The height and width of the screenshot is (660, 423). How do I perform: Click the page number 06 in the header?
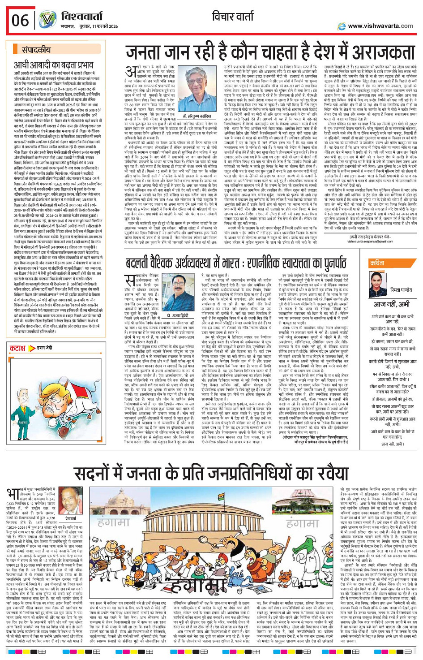tap(21, 20)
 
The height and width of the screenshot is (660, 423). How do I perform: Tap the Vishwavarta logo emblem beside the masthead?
tap(47, 20)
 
